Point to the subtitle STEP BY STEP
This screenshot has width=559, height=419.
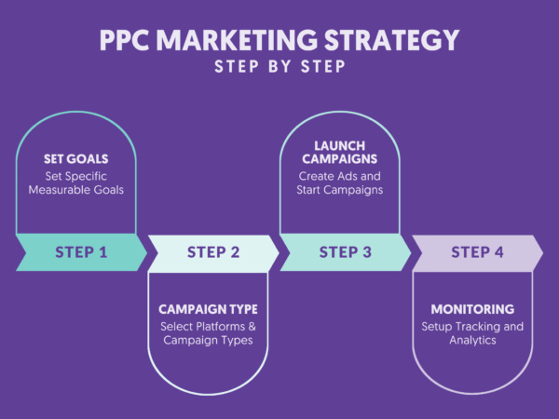pos(279,67)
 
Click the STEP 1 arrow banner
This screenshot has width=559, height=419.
pos(81,252)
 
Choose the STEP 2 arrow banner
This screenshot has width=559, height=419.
pos(213,252)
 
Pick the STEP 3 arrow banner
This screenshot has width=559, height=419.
pos(346,252)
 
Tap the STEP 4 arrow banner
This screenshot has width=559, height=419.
pos(478,252)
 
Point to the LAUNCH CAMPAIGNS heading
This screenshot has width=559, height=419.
pos(340,153)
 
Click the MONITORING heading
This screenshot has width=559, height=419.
pos(472,308)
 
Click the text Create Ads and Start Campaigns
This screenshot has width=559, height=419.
pos(340,183)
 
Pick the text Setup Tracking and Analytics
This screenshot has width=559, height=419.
pos(472,333)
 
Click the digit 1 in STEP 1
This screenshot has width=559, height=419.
pos(102,252)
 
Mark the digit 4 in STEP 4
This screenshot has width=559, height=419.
pos(500,252)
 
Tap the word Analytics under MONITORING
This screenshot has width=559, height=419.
pos(472,341)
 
